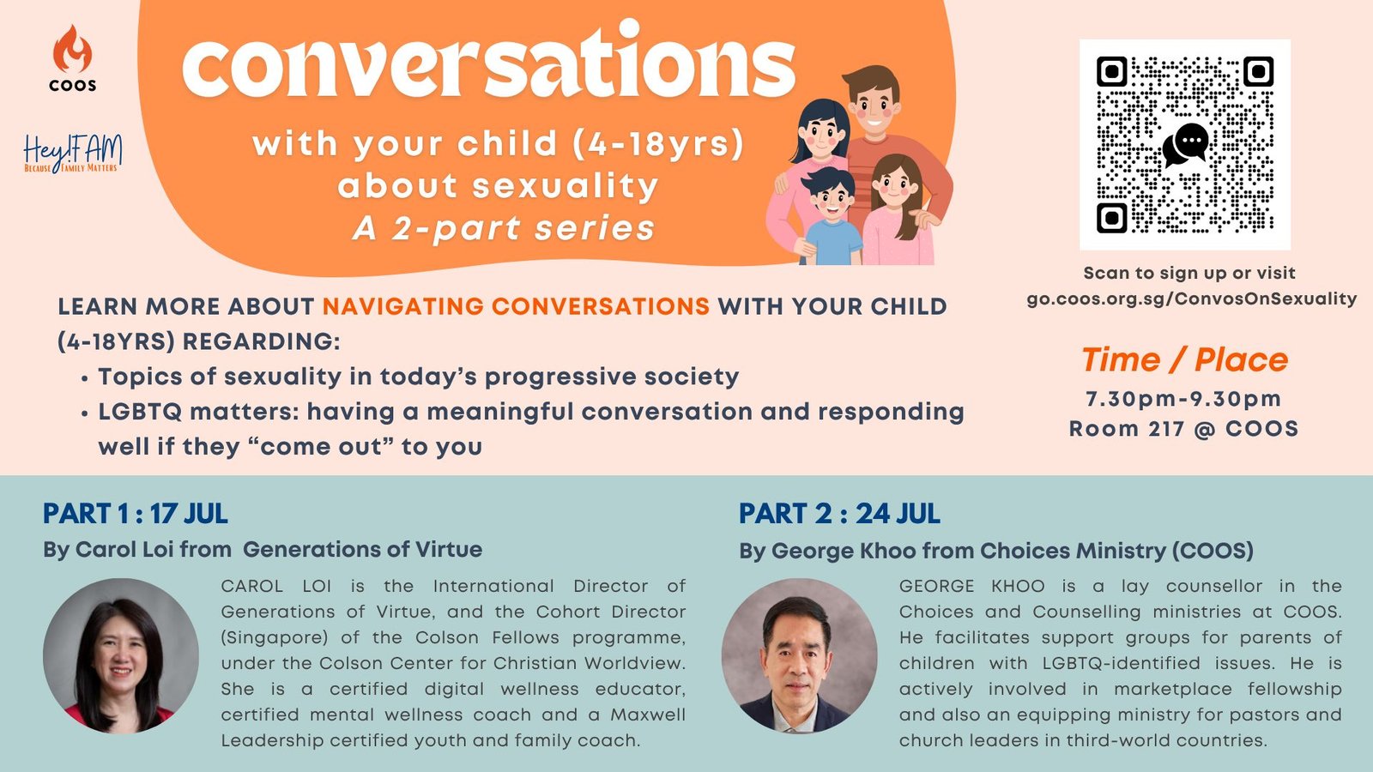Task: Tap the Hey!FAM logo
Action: pos(73,154)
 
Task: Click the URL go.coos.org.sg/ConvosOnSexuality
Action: pos(1192,299)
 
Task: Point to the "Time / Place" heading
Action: pos(1184,359)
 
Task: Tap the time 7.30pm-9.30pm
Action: pos(1183,399)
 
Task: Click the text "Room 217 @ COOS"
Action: pos(1183,428)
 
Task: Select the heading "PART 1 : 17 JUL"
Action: pos(136,514)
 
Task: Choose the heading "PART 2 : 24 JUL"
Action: pos(839,514)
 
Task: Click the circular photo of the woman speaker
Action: pos(121,655)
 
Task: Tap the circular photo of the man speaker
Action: pos(799,655)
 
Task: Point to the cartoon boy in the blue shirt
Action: pos(832,218)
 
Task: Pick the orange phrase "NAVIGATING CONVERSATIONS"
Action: pos(516,306)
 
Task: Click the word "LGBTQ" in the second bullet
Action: pos(141,412)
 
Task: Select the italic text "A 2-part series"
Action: pos(504,228)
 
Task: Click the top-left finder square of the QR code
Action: pos(1112,72)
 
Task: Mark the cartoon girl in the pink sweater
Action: pos(897,211)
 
